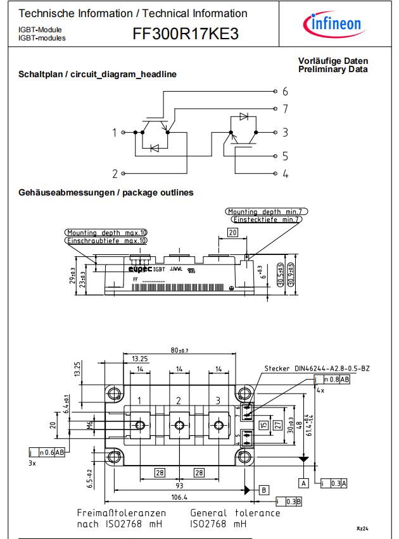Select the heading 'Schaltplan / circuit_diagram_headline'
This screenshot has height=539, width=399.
(x=98, y=75)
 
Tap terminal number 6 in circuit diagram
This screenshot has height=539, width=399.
(x=286, y=91)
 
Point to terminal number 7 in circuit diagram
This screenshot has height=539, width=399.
(x=286, y=109)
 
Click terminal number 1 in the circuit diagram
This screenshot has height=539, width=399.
(x=115, y=133)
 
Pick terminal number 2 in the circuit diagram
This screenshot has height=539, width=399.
(x=115, y=173)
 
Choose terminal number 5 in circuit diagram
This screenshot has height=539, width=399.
(x=286, y=156)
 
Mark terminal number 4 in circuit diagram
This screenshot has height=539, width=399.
(x=286, y=173)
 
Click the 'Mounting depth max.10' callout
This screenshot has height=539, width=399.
(x=106, y=232)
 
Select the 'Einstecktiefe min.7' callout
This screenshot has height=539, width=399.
(x=266, y=220)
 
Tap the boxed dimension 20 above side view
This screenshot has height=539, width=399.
(x=232, y=233)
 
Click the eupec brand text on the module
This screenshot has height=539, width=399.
(x=141, y=268)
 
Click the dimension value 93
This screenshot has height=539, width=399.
(x=180, y=485)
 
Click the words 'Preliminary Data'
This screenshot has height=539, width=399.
(x=333, y=70)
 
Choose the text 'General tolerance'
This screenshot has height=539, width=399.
(x=235, y=513)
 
